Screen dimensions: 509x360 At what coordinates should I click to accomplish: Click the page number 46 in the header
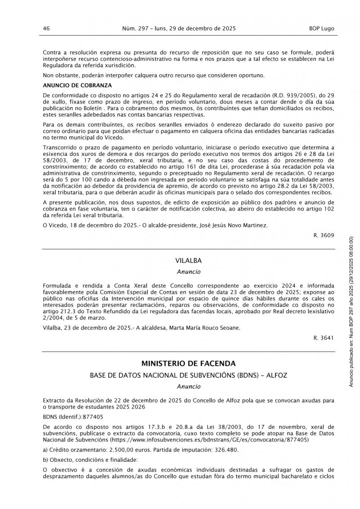click(x=46, y=28)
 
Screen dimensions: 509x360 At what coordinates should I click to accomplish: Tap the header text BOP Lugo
click(x=322, y=28)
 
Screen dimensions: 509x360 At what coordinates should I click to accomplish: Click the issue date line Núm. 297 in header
click(x=179, y=28)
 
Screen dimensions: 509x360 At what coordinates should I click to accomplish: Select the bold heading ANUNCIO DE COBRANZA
click(x=77, y=85)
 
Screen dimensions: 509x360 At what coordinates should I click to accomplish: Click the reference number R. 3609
click(x=324, y=235)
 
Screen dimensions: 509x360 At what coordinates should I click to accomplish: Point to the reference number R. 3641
click(x=324, y=337)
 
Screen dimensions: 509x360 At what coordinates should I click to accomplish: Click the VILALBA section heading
click(x=189, y=261)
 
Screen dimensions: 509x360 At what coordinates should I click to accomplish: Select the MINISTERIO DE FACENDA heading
click(x=189, y=363)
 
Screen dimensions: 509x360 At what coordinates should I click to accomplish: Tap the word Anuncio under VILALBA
click(x=189, y=272)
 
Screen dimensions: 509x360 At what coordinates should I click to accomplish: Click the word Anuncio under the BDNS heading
click(x=189, y=386)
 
